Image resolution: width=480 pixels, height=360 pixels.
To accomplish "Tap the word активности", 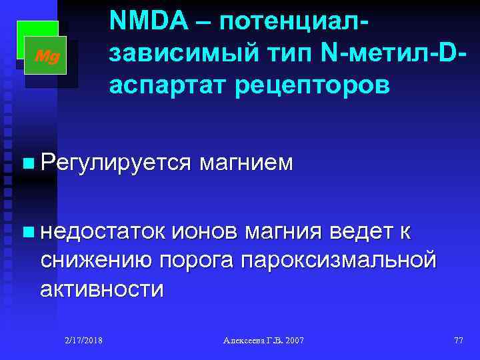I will coord(101,289).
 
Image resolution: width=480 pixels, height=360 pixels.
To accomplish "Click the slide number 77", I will coord(458,341).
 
